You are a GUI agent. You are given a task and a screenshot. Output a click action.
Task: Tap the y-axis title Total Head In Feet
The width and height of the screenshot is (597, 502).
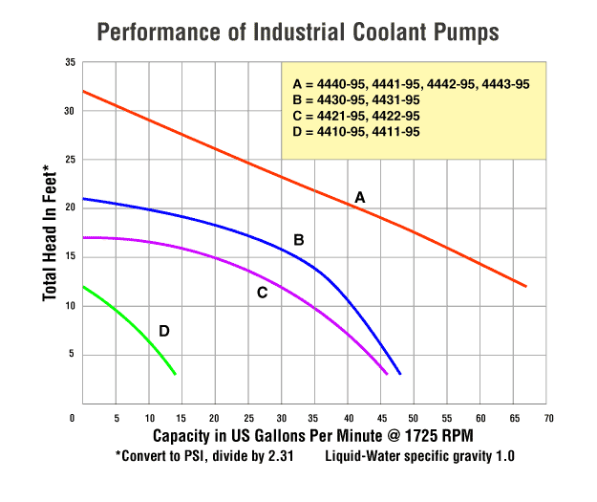click(50, 234)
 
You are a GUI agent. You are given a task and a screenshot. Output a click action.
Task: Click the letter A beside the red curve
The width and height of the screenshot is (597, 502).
click(360, 196)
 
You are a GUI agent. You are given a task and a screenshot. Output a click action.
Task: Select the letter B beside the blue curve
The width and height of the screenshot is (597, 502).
click(298, 239)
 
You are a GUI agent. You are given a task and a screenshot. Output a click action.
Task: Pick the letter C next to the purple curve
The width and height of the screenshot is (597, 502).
click(262, 292)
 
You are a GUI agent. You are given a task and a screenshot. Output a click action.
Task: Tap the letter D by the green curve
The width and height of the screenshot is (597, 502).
click(164, 331)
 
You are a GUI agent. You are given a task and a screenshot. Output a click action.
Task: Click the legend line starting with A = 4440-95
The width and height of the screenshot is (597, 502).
click(411, 85)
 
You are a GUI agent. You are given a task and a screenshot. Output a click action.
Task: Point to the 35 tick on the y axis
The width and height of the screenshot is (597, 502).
click(70, 62)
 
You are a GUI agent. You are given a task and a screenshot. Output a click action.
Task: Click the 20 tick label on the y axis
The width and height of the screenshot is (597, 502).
click(70, 208)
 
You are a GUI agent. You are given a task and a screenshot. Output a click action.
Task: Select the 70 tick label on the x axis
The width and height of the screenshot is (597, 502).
click(548, 418)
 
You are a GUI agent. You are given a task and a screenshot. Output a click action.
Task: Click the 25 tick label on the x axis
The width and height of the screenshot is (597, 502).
click(247, 418)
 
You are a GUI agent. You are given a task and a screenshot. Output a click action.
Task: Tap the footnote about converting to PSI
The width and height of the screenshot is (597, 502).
click(207, 456)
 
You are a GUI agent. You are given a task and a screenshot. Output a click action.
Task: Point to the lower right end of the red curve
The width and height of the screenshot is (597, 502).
click(525, 286)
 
